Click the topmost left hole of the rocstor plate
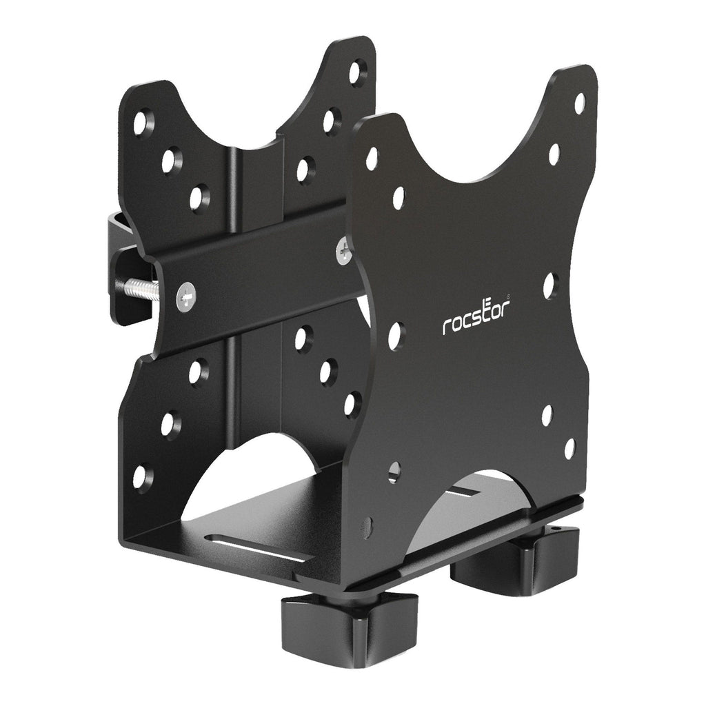pyautogui.click(x=372, y=159)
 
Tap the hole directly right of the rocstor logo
pyautogui.click(x=549, y=285)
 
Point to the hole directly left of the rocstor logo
pyautogui.click(x=395, y=335)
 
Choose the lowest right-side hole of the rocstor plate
pyautogui.click(x=569, y=449)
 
